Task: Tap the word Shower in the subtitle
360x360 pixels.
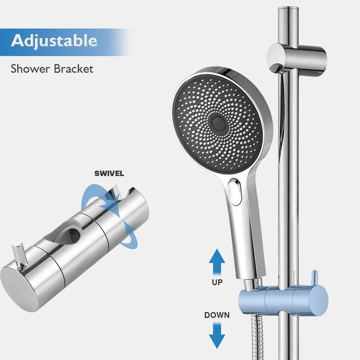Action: (x=31, y=68)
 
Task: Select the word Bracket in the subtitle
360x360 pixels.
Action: (x=73, y=68)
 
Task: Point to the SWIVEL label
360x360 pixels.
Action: (x=109, y=174)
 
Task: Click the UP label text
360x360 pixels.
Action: (x=217, y=282)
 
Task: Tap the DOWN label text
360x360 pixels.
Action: (x=217, y=315)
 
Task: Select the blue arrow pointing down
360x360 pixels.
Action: (x=217, y=336)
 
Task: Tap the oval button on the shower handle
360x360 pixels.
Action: (x=235, y=192)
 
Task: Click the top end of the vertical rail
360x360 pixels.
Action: (x=288, y=9)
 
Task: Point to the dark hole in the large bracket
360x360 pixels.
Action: (x=74, y=234)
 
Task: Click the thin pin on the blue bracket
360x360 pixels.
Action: (x=315, y=277)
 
